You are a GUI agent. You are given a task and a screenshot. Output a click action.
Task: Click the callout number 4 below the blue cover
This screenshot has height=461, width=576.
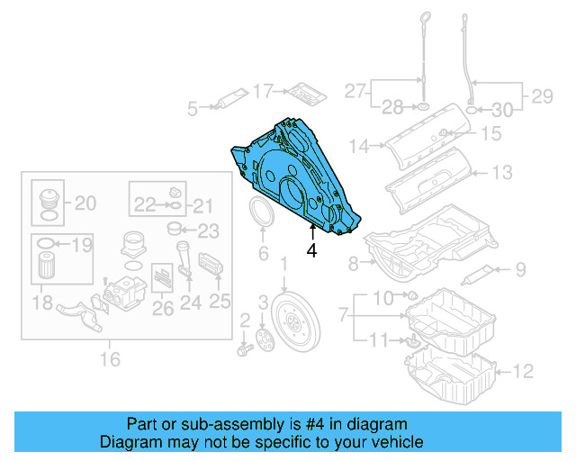pos(311,251)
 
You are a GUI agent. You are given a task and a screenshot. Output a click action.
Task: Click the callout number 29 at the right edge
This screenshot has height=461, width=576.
pos(542,94)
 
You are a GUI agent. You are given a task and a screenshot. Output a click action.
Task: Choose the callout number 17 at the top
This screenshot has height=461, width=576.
pos(262,90)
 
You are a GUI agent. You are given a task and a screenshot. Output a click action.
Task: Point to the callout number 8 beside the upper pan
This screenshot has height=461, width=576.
pos(355,263)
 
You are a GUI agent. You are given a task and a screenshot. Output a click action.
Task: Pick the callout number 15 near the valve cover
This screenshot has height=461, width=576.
pos(490,134)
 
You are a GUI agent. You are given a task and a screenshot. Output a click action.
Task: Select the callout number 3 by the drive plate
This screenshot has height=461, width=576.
pos(264,302)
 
